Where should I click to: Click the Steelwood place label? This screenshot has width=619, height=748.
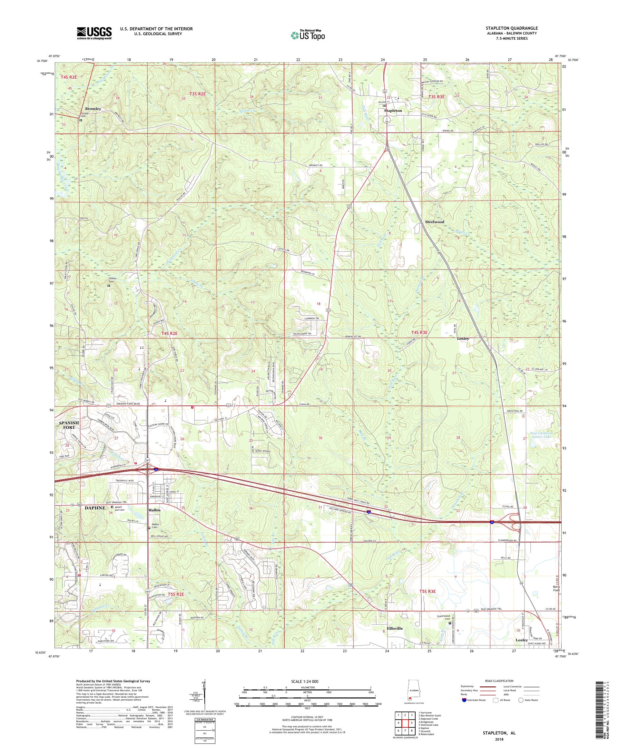[x=435, y=221]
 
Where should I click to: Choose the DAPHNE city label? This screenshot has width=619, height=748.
[x=95, y=508]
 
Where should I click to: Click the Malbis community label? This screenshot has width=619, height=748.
[x=154, y=510]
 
